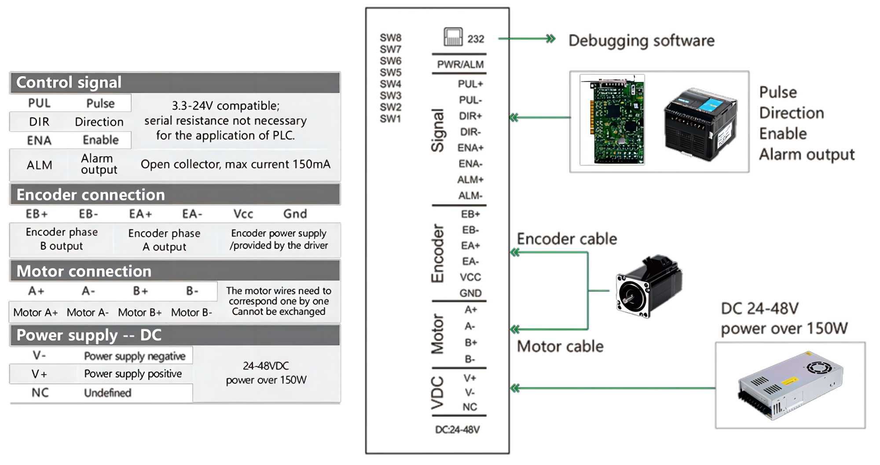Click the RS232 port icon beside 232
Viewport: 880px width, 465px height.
click(453, 37)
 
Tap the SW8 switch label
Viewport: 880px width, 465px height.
click(390, 38)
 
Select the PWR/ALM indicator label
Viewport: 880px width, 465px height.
click(460, 64)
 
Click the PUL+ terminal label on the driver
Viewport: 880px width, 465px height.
click(470, 84)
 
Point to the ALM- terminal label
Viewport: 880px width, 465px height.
click(470, 196)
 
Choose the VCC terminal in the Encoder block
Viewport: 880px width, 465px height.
click(470, 277)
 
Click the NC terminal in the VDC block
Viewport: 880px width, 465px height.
click(469, 407)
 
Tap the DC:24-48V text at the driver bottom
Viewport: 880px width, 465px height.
click(457, 429)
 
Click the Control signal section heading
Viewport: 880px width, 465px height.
click(69, 82)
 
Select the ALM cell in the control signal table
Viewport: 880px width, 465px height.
click(39, 165)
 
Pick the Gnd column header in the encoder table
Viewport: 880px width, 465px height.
click(295, 214)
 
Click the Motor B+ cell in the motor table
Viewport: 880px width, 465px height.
click(139, 313)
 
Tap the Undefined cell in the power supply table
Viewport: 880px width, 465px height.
click(107, 393)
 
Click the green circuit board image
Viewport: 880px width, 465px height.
click(612, 120)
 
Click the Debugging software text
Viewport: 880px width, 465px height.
click(641, 41)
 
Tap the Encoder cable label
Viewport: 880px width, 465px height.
click(567, 239)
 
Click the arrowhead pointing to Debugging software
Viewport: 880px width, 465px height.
click(550, 39)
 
